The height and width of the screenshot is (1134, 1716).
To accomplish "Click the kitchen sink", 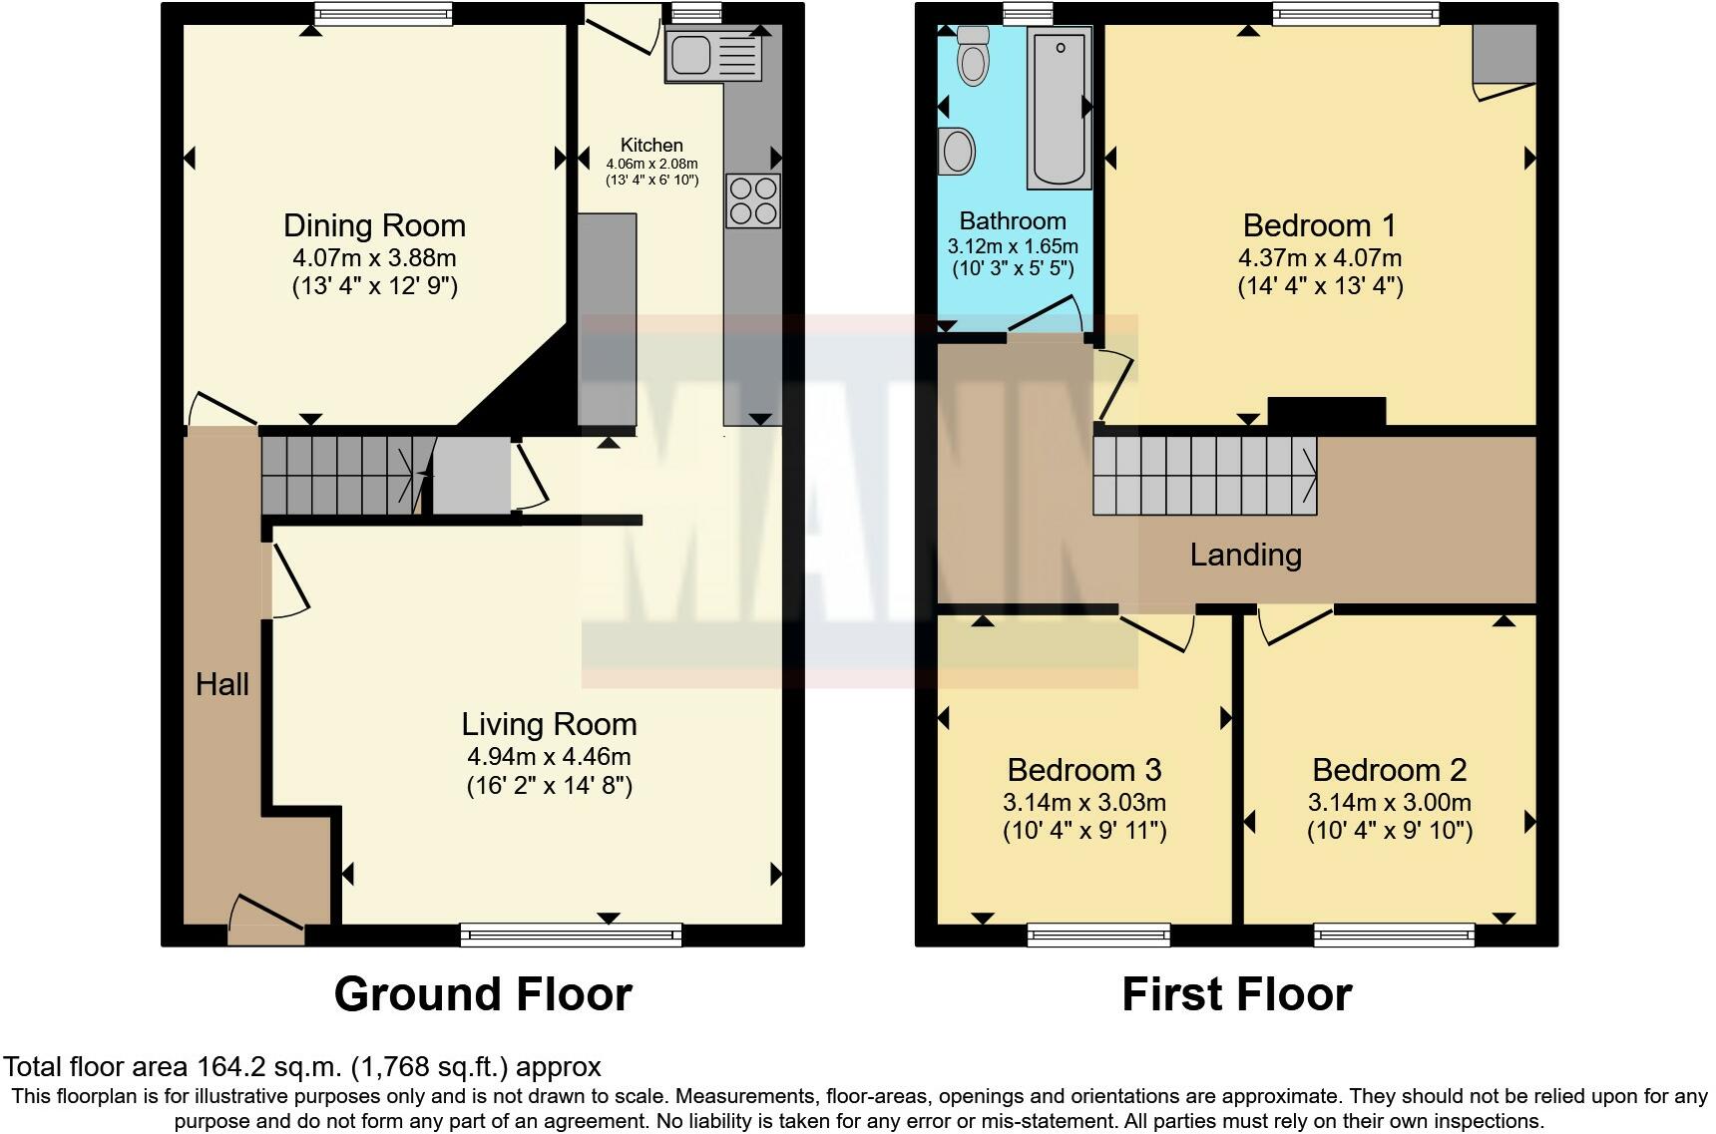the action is [x=713, y=54].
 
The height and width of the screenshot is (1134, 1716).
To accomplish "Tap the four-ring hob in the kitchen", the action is [x=753, y=200].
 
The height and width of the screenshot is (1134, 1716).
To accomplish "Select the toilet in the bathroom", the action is [x=972, y=56].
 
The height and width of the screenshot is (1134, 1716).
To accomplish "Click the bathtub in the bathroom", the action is [x=1059, y=108].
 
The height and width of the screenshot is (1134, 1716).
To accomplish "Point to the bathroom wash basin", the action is [x=957, y=152].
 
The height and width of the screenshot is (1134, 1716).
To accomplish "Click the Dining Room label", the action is [x=375, y=225].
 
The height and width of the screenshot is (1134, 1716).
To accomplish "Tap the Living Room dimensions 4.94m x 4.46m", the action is [x=549, y=757].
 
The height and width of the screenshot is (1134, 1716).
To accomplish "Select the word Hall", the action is [x=222, y=684].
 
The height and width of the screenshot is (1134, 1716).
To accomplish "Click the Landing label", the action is [x=1245, y=555].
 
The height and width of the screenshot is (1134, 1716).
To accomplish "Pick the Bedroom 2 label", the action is [x=1389, y=770].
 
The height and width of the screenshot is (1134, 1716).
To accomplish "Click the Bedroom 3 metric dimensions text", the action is [x=1084, y=802].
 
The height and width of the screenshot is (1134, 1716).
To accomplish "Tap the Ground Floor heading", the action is [x=483, y=994].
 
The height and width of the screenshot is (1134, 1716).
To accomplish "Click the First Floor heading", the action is [x=1237, y=994].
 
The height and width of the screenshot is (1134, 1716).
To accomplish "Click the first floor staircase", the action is [x=1204, y=477].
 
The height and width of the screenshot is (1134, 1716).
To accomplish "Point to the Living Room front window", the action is [x=571, y=935].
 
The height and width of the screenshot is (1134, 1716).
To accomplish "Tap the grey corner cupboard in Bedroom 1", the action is [x=1503, y=55].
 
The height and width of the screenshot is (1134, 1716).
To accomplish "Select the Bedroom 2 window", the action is [x=1394, y=935].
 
